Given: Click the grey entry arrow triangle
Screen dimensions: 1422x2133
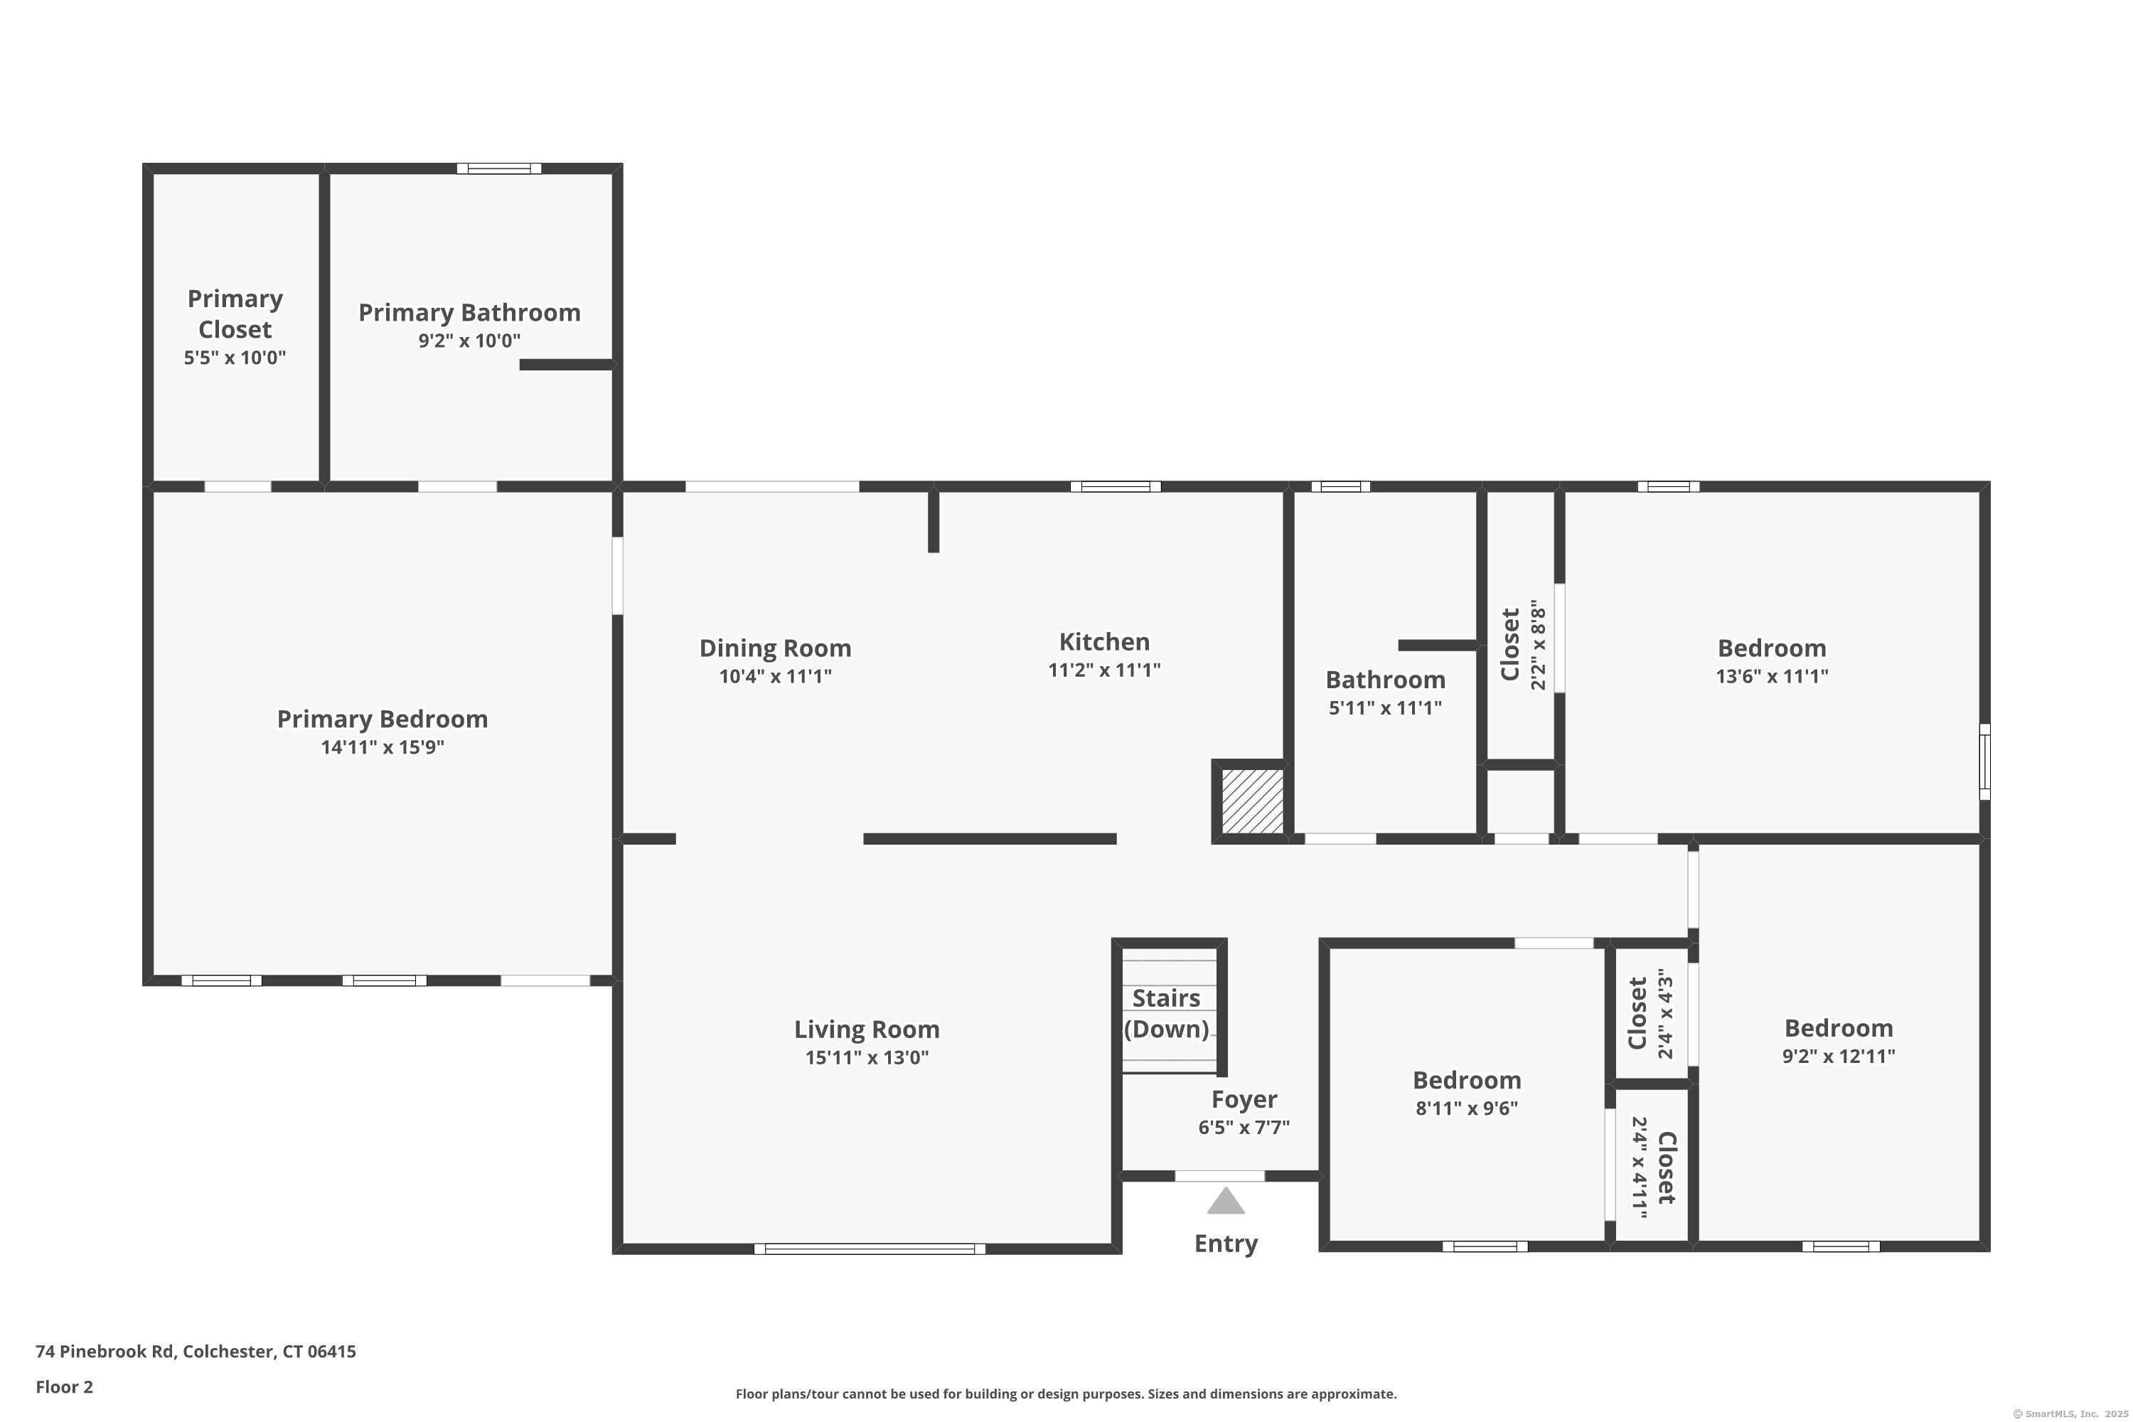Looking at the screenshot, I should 1225,1202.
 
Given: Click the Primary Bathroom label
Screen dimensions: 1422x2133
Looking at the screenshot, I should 469,313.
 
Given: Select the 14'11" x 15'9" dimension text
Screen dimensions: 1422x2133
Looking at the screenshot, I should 382,747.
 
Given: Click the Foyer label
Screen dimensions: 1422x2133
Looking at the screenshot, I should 1244,1099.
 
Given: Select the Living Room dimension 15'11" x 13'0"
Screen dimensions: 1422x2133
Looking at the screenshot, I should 866,1057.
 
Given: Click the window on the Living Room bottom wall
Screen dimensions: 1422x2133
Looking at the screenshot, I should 869,1249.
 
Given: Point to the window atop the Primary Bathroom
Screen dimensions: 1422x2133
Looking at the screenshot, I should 499,169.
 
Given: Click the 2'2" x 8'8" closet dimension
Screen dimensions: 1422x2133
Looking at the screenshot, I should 1537,645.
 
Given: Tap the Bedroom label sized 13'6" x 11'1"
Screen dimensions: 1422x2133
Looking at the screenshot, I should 1771,648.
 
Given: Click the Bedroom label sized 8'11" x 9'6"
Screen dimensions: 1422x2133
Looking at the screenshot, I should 1466,1080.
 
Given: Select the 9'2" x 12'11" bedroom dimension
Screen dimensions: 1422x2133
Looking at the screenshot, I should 1838,1056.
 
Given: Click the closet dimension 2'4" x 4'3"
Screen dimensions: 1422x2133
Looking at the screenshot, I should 1664,1014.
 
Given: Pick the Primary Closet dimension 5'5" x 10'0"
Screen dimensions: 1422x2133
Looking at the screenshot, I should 234,358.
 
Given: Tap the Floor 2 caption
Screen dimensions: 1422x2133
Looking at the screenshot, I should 65,1386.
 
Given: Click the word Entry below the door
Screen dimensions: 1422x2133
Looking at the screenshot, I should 1225,1244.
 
